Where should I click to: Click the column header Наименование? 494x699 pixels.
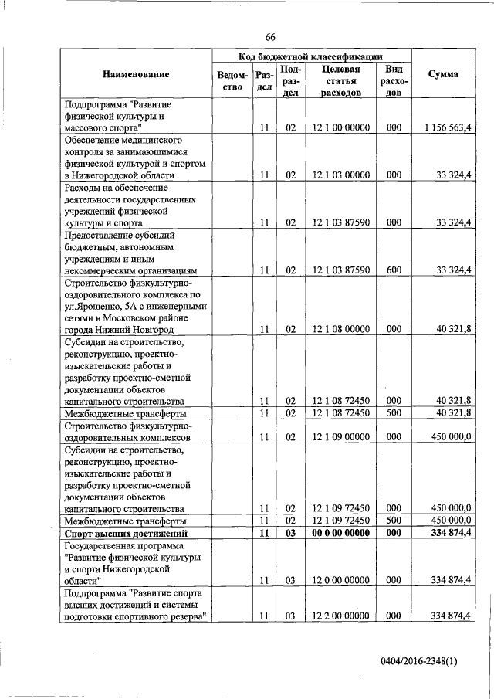[x=135, y=74]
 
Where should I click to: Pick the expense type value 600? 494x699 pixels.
[x=393, y=270]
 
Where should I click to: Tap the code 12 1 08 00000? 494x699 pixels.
[x=341, y=329]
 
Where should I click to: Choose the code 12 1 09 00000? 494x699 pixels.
[x=341, y=436]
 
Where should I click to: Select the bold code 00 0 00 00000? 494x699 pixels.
[x=341, y=534]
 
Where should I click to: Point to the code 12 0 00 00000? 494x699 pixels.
[x=341, y=579]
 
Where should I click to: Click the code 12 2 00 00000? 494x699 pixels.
[x=341, y=616]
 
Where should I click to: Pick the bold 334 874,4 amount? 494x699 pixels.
[x=452, y=534]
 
